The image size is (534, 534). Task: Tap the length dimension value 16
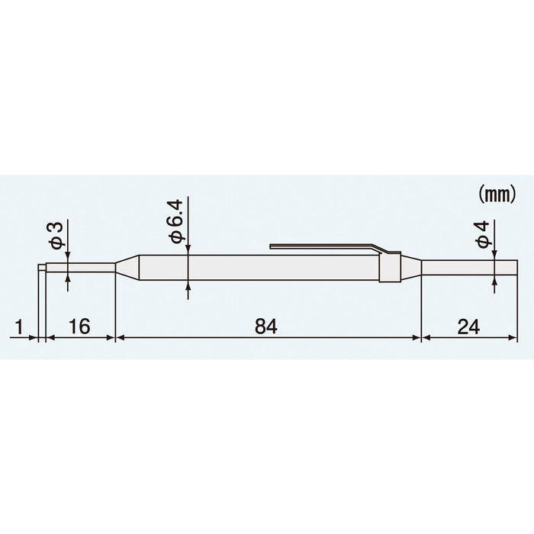point(79,326)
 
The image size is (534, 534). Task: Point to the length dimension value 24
point(469,326)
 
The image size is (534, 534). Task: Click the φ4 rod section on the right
point(469,268)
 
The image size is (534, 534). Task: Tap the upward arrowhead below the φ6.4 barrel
point(188,285)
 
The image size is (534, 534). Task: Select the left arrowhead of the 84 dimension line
point(120,337)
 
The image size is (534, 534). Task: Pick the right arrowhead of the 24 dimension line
point(513,337)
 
